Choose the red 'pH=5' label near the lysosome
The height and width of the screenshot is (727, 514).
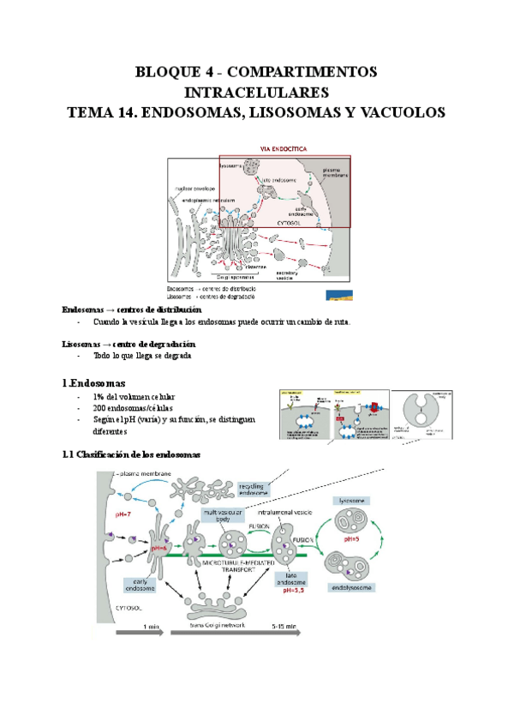click(x=351, y=541)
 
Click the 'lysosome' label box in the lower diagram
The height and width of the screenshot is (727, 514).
click(x=353, y=498)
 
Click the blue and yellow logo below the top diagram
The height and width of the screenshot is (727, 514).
click(x=335, y=293)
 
